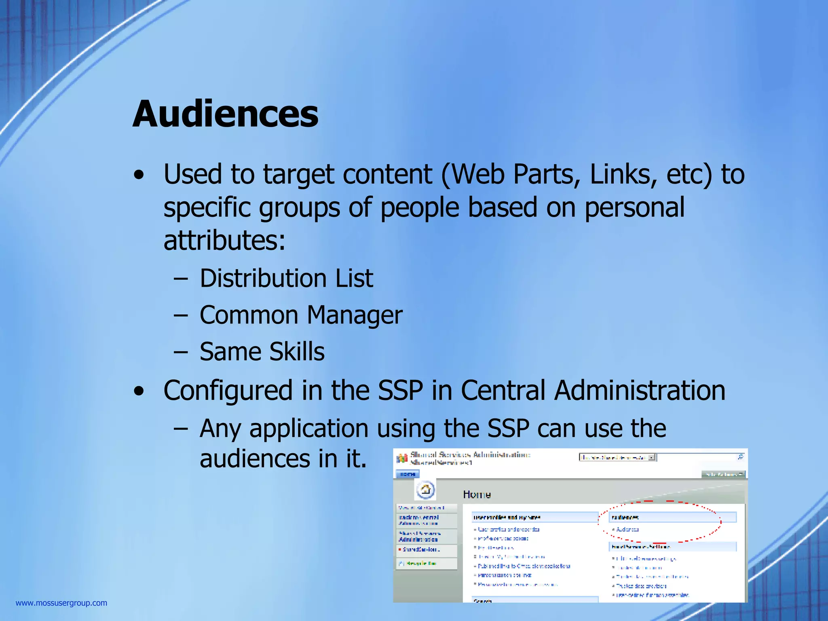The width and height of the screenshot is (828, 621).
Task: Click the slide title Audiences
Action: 225,114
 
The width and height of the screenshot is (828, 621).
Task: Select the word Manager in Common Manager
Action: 355,315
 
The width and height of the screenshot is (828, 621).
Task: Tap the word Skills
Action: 297,352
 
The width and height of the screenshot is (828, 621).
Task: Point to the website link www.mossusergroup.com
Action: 61,603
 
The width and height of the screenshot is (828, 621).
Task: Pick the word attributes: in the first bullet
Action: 224,240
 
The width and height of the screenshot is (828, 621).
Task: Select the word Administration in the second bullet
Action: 640,391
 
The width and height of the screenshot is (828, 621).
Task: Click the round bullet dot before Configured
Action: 139,391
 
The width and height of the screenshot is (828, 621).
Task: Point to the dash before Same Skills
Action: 181,352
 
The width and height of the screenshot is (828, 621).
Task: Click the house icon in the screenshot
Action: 425,490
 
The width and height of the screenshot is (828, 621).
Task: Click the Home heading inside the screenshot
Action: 477,494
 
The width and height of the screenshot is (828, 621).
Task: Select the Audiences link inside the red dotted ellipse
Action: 627,529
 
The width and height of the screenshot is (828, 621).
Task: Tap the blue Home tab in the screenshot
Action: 408,474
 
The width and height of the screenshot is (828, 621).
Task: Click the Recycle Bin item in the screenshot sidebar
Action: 420,563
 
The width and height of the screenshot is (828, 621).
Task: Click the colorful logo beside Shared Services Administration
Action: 402,458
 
